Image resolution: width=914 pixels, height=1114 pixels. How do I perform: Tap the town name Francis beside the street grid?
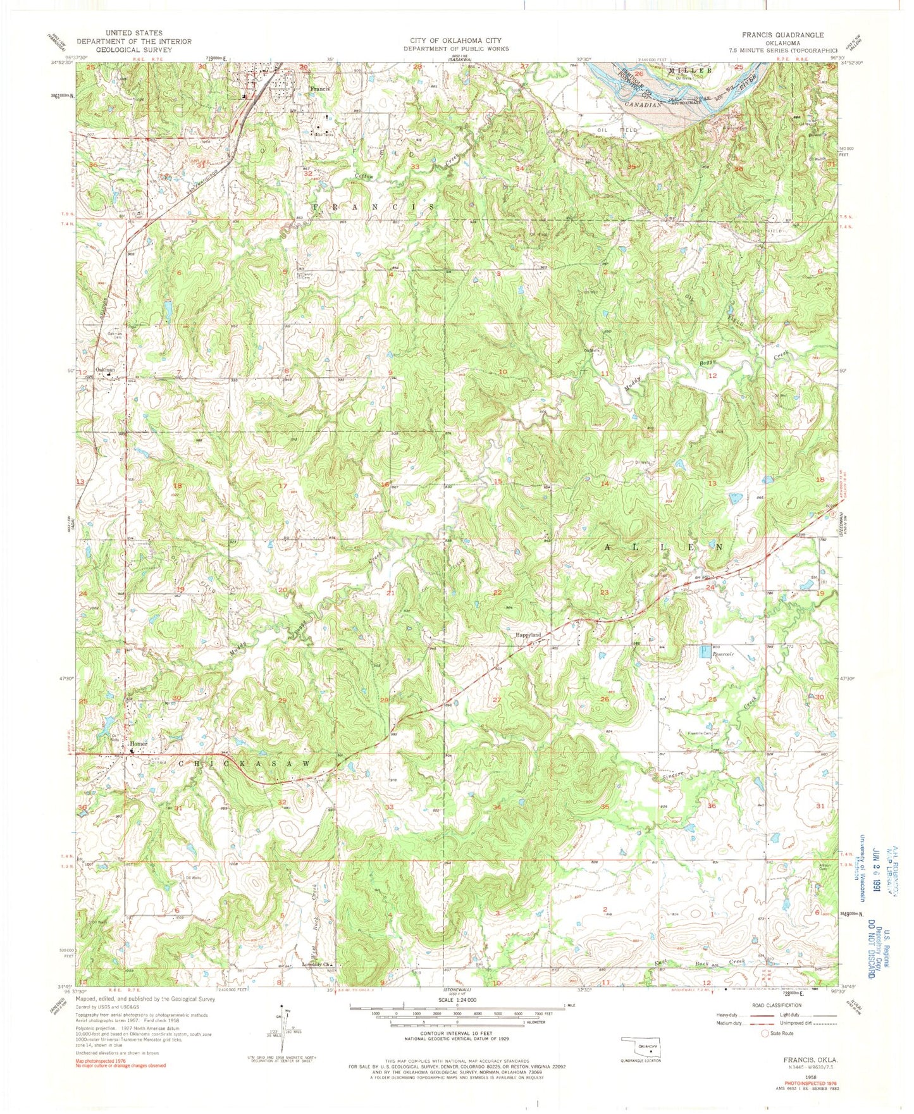(319, 89)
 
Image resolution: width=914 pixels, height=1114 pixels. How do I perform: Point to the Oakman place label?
(105, 369)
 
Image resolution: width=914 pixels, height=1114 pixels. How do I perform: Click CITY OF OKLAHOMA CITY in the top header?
(456, 40)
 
